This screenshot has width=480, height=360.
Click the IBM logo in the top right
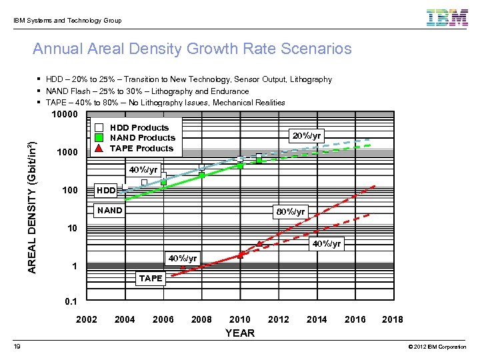coord(447,18)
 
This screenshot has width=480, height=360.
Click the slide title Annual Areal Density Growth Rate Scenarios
coord(192,49)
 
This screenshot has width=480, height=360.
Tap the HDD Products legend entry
coord(139,127)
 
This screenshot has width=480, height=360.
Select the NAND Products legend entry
coord(142,138)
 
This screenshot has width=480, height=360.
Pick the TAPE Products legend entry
coord(141,149)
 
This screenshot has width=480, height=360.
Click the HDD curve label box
coord(107,191)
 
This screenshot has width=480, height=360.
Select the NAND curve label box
coord(110,211)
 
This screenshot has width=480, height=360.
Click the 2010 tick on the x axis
coord(240,319)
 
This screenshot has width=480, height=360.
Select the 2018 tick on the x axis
coord(392,319)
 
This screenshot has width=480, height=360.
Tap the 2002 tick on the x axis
coord(87,319)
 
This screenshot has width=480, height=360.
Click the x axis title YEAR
coord(240,333)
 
